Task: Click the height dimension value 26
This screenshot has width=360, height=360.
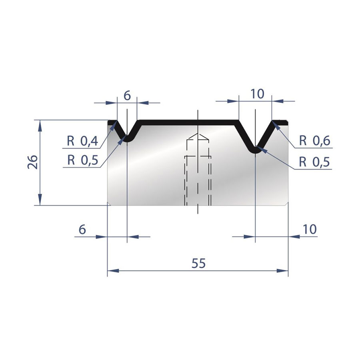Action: tap(33, 162)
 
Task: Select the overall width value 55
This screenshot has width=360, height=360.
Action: tap(198, 263)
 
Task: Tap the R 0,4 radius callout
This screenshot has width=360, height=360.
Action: tap(83, 141)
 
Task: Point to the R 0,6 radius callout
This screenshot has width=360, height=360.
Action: tap(315, 140)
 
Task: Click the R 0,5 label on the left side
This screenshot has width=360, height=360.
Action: tap(83, 160)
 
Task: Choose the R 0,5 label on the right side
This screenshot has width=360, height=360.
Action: tap(314, 162)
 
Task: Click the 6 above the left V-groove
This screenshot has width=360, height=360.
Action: tap(127, 96)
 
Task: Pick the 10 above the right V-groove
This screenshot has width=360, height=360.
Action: tap(257, 94)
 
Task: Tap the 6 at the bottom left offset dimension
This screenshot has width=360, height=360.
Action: tap(82, 229)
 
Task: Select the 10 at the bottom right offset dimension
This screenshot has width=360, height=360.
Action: tap(310, 229)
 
